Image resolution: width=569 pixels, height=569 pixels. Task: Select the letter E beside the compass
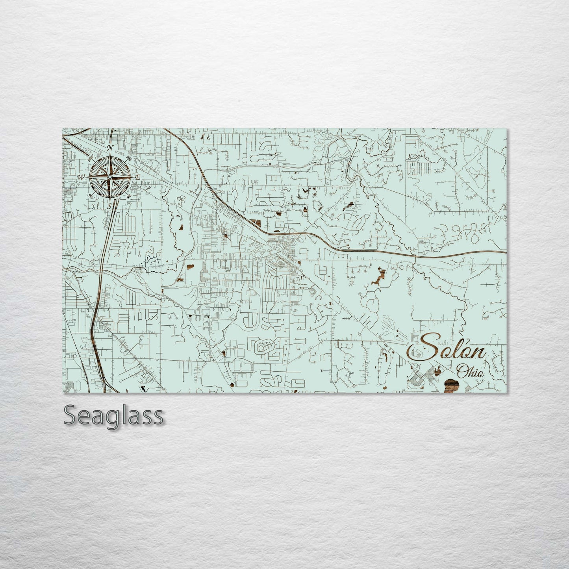click(138, 178)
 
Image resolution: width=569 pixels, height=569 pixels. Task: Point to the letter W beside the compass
click(82, 177)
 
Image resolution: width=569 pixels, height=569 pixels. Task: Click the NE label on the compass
click(129, 158)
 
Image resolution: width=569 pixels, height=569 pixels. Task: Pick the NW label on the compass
click(91, 158)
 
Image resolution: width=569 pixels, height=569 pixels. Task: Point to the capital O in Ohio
click(462, 372)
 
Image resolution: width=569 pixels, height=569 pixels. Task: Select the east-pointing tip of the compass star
click(133, 177)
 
